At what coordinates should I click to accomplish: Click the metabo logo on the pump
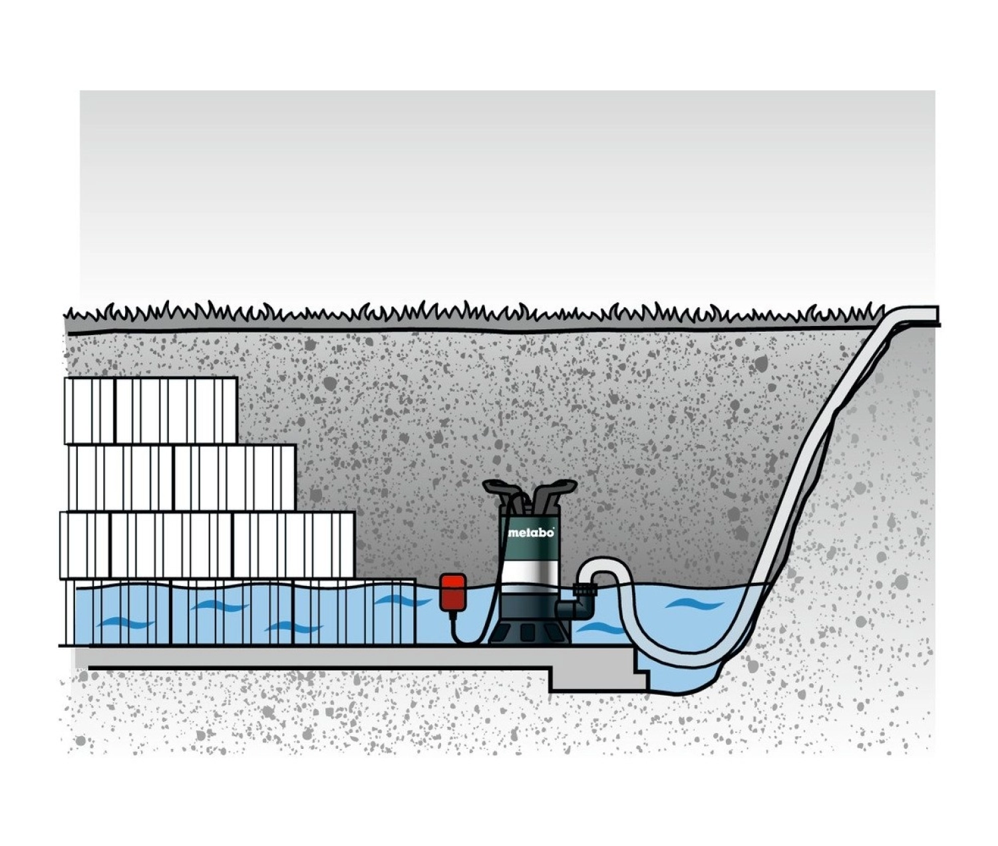pos(531,533)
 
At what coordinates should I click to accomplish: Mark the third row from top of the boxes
pos(207,545)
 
